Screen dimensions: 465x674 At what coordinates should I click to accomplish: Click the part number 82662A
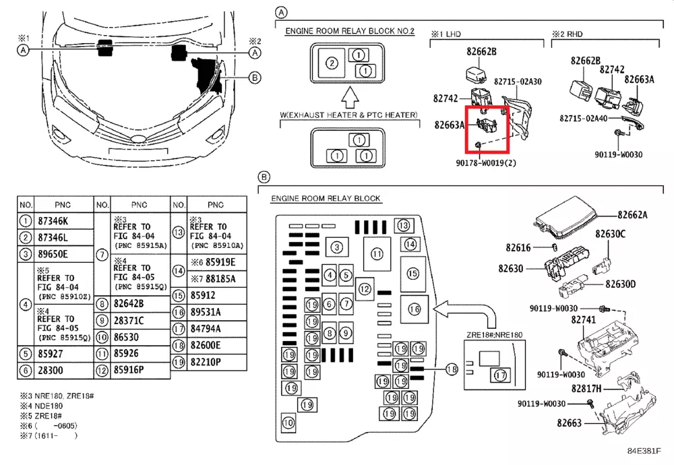pos(633,215)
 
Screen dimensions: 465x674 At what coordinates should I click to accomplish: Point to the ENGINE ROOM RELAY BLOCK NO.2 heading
pos(350,31)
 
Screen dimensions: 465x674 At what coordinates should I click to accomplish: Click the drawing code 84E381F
pos(645,451)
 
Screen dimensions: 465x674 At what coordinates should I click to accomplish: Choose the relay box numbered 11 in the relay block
pos(376,253)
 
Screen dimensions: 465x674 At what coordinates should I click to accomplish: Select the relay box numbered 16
pos(415,309)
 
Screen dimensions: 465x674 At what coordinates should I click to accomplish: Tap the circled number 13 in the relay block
pos(403,225)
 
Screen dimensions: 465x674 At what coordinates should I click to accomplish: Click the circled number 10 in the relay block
pos(288,423)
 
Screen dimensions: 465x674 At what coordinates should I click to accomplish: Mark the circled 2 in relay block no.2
pos(331,63)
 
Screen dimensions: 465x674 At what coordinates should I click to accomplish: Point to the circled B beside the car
pos(254,77)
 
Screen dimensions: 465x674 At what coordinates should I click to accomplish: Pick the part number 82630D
pos(620,284)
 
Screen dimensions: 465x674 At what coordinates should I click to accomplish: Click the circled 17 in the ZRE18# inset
pos(499,375)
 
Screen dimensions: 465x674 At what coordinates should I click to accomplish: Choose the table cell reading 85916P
pos(131,369)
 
